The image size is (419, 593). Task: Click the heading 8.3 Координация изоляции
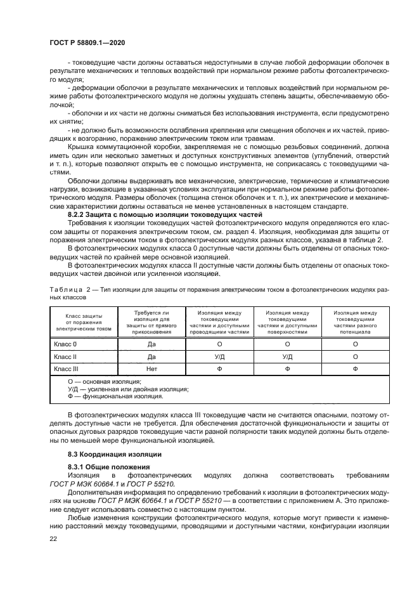pos(107,455)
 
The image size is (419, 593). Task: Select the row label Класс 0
pos(65,344)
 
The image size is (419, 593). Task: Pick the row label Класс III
pos(67,367)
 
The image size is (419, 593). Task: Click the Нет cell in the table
pos(151,367)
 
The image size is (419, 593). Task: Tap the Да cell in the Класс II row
pos(151,356)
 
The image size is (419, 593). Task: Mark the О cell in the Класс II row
pos(355,356)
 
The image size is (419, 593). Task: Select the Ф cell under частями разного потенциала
pos(355,367)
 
